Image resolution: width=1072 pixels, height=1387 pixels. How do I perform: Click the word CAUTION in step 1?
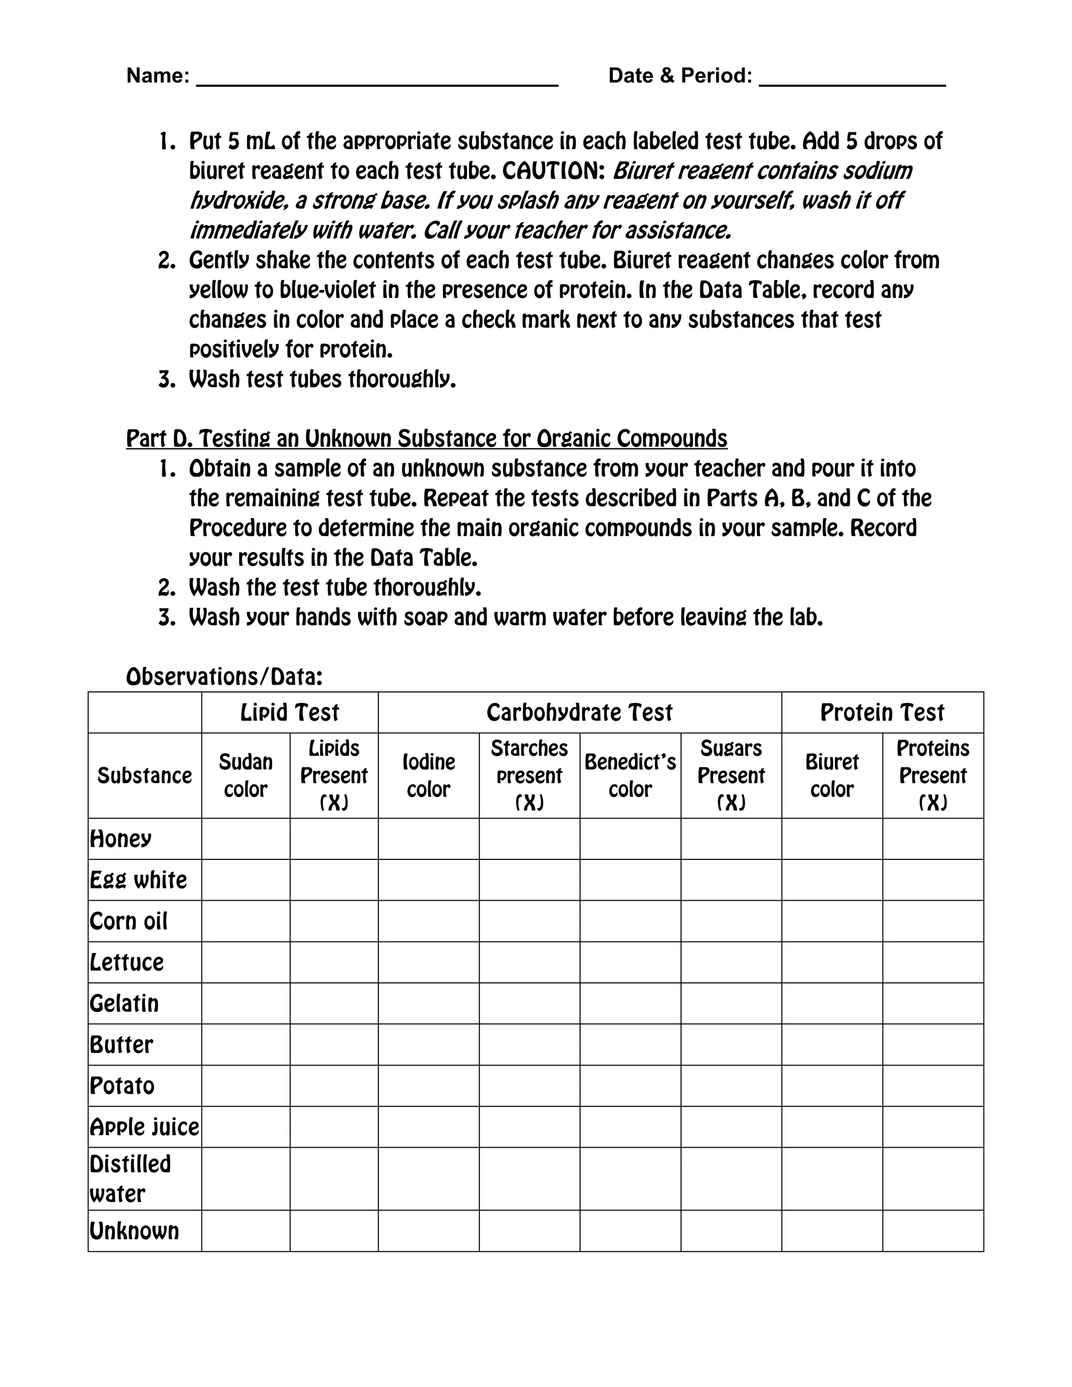[x=553, y=171]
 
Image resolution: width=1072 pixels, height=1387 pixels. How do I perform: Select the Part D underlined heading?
[x=426, y=439]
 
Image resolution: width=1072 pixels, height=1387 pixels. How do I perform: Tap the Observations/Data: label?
[x=224, y=677]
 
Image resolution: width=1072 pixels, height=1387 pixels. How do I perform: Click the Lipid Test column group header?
[x=289, y=712]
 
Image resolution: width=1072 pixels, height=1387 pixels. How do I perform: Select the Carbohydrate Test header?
[x=579, y=712]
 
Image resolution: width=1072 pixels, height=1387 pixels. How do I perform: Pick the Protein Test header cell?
[x=882, y=712]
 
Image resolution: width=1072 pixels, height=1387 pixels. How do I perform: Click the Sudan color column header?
[x=246, y=776]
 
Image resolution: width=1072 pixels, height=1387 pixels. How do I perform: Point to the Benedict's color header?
[x=630, y=776]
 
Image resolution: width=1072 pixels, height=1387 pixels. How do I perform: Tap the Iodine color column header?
[x=429, y=776]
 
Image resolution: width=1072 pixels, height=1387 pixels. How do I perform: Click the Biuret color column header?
[x=832, y=776]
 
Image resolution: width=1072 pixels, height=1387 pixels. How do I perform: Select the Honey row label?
[x=121, y=839]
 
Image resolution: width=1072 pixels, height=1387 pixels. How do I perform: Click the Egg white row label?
[x=138, y=880]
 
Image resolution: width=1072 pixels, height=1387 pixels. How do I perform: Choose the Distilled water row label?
[x=130, y=1179]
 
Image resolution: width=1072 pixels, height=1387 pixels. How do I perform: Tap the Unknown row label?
[x=134, y=1231]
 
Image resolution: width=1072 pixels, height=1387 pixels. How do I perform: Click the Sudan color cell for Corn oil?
[x=246, y=921]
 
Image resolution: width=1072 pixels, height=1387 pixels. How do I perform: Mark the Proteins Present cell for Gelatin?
[x=933, y=1003]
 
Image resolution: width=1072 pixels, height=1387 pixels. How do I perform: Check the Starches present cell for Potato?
[x=529, y=1086]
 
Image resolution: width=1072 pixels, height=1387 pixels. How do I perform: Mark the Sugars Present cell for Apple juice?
[x=731, y=1127]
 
